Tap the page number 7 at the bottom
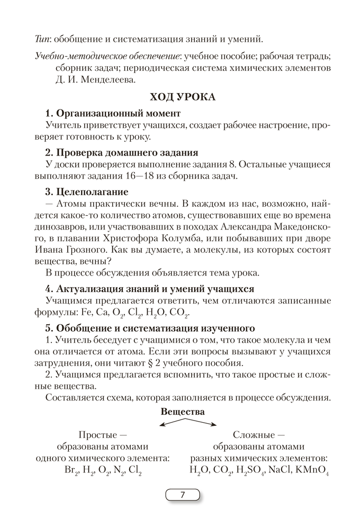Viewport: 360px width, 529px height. click(x=183, y=495)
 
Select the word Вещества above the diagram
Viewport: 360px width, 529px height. click(x=182, y=411)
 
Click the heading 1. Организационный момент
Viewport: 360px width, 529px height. click(x=113, y=113)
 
